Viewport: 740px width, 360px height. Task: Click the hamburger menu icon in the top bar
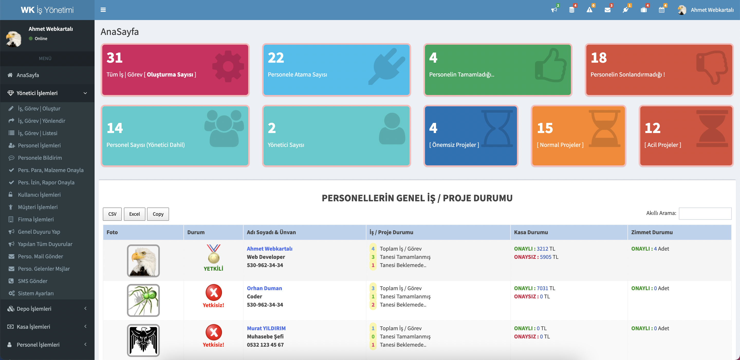pos(103,10)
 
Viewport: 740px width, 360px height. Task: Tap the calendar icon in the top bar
pos(661,10)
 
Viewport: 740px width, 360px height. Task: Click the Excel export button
pos(134,214)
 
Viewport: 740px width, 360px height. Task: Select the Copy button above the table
pos(158,214)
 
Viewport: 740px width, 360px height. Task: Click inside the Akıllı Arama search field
pos(705,213)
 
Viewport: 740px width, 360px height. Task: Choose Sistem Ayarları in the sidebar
pos(36,293)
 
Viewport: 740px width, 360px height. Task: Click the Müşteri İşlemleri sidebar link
pos(38,207)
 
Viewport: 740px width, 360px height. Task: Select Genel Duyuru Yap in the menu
pos(39,231)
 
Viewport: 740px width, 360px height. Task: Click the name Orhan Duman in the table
pos(264,288)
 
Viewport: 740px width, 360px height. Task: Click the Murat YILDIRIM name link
pos(266,328)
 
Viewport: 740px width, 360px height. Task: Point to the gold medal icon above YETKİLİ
pos(214,254)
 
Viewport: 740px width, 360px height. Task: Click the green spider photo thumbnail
pos(143,300)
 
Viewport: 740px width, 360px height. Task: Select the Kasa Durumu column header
pos(531,232)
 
